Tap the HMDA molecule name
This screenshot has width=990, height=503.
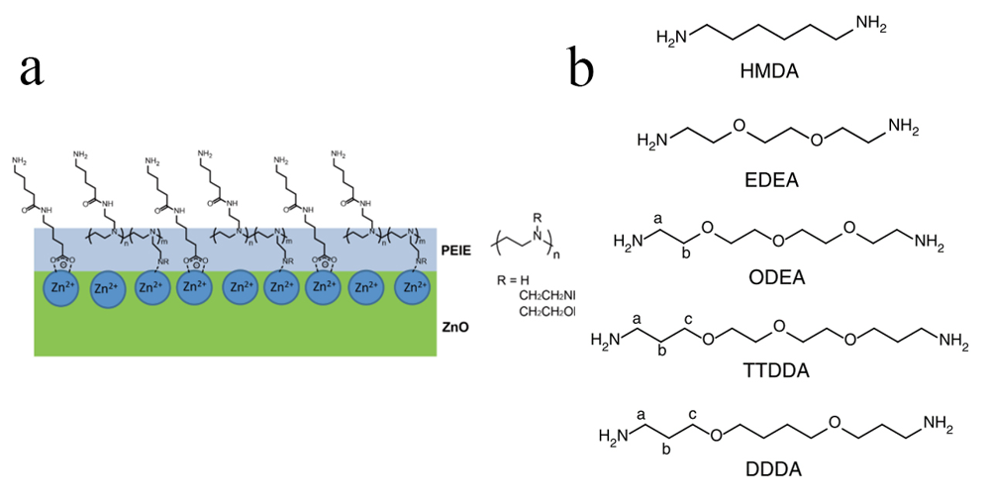[769, 72]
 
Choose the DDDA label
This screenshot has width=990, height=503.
[775, 466]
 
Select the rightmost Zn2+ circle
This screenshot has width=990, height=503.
[413, 288]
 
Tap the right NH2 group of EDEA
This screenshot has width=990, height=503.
[904, 126]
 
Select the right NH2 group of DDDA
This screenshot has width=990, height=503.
[936, 425]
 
